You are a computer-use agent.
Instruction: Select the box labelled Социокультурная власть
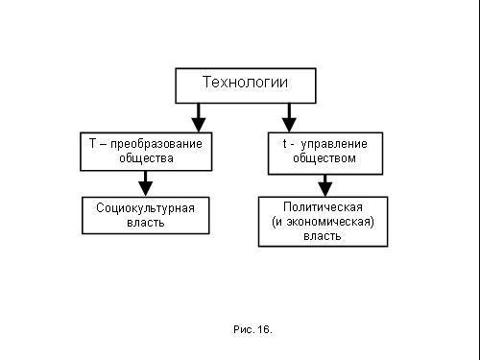pos(145,214)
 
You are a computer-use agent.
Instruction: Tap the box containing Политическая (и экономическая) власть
pos(323,222)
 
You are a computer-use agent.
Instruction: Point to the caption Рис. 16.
pos(252,329)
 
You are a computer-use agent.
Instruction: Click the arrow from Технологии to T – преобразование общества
pos(199,117)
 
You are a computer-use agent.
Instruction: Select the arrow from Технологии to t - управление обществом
pos(288,117)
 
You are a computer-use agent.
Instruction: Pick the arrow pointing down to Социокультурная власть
pos(146,182)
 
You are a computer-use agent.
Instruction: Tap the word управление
pos(335,143)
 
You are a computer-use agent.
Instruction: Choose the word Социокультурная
pos(145,207)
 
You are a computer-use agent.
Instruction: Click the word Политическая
pos(323,206)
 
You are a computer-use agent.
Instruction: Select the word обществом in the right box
pos(326,157)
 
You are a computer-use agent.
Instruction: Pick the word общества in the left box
pos(146,157)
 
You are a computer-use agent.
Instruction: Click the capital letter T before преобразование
pos(92,142)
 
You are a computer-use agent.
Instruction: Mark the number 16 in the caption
pos(264,329)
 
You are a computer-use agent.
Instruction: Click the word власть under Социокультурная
pos(145,222)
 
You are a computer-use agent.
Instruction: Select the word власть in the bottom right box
pos(323,236)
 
